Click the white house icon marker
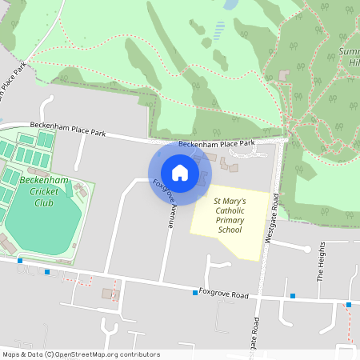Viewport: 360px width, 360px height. pos(180,173)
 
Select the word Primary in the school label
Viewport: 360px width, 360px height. pos(229,220)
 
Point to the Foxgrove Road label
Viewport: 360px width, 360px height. pos(223,294)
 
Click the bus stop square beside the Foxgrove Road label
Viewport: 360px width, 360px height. pos(195,293)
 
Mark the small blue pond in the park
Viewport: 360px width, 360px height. pos(231,5)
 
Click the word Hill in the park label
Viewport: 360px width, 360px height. pos(350,63)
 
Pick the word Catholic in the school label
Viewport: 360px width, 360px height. pos(230,210)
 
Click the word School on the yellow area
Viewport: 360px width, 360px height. pos(230,230)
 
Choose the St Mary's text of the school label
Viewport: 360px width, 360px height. pos(230,200)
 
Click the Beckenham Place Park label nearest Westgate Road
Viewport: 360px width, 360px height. pos(216,144)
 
